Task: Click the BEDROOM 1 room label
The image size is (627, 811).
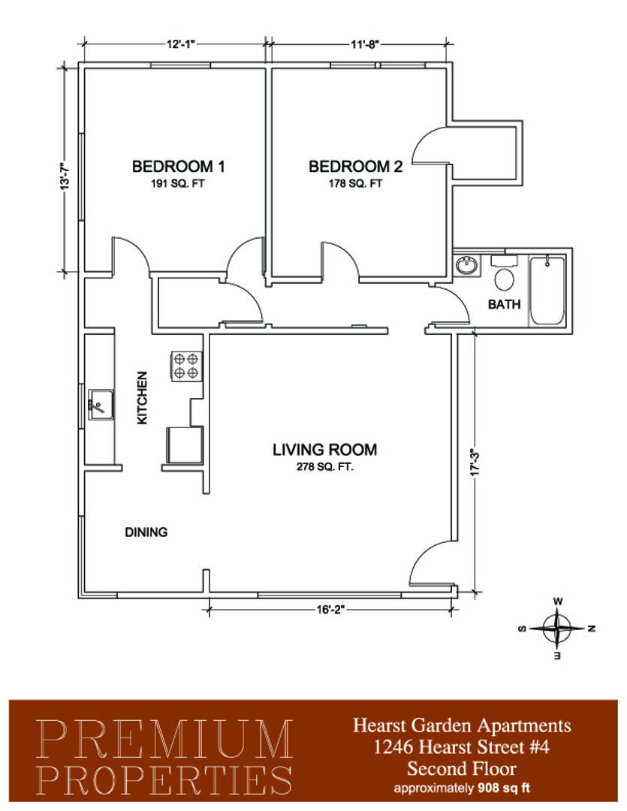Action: tap(178, 167)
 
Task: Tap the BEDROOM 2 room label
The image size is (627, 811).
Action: tap(355, 167)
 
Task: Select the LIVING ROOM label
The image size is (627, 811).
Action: tap(325, 450)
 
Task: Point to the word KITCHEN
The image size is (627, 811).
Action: tap(142, 398)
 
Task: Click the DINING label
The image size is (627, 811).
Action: tap(146, 532)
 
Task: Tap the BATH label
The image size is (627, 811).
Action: tap(505, 304)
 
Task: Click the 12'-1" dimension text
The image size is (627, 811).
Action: tap(180, 44)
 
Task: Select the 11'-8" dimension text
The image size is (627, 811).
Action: tap(365, 44)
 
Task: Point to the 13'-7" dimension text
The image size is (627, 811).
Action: tap(65, 176)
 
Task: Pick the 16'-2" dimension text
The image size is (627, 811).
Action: tap(330, 609)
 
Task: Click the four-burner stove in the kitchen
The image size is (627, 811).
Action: tap(186, 366)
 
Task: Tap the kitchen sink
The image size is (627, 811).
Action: tap(101, 405)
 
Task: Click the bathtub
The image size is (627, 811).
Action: tap(547, 291)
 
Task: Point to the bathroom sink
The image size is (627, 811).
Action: tap(468, 267)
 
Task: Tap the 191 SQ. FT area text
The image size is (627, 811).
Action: tap(178, 184)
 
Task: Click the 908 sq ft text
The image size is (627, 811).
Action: tap(504, 788)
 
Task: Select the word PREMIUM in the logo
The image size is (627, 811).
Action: tap(165, 740)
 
